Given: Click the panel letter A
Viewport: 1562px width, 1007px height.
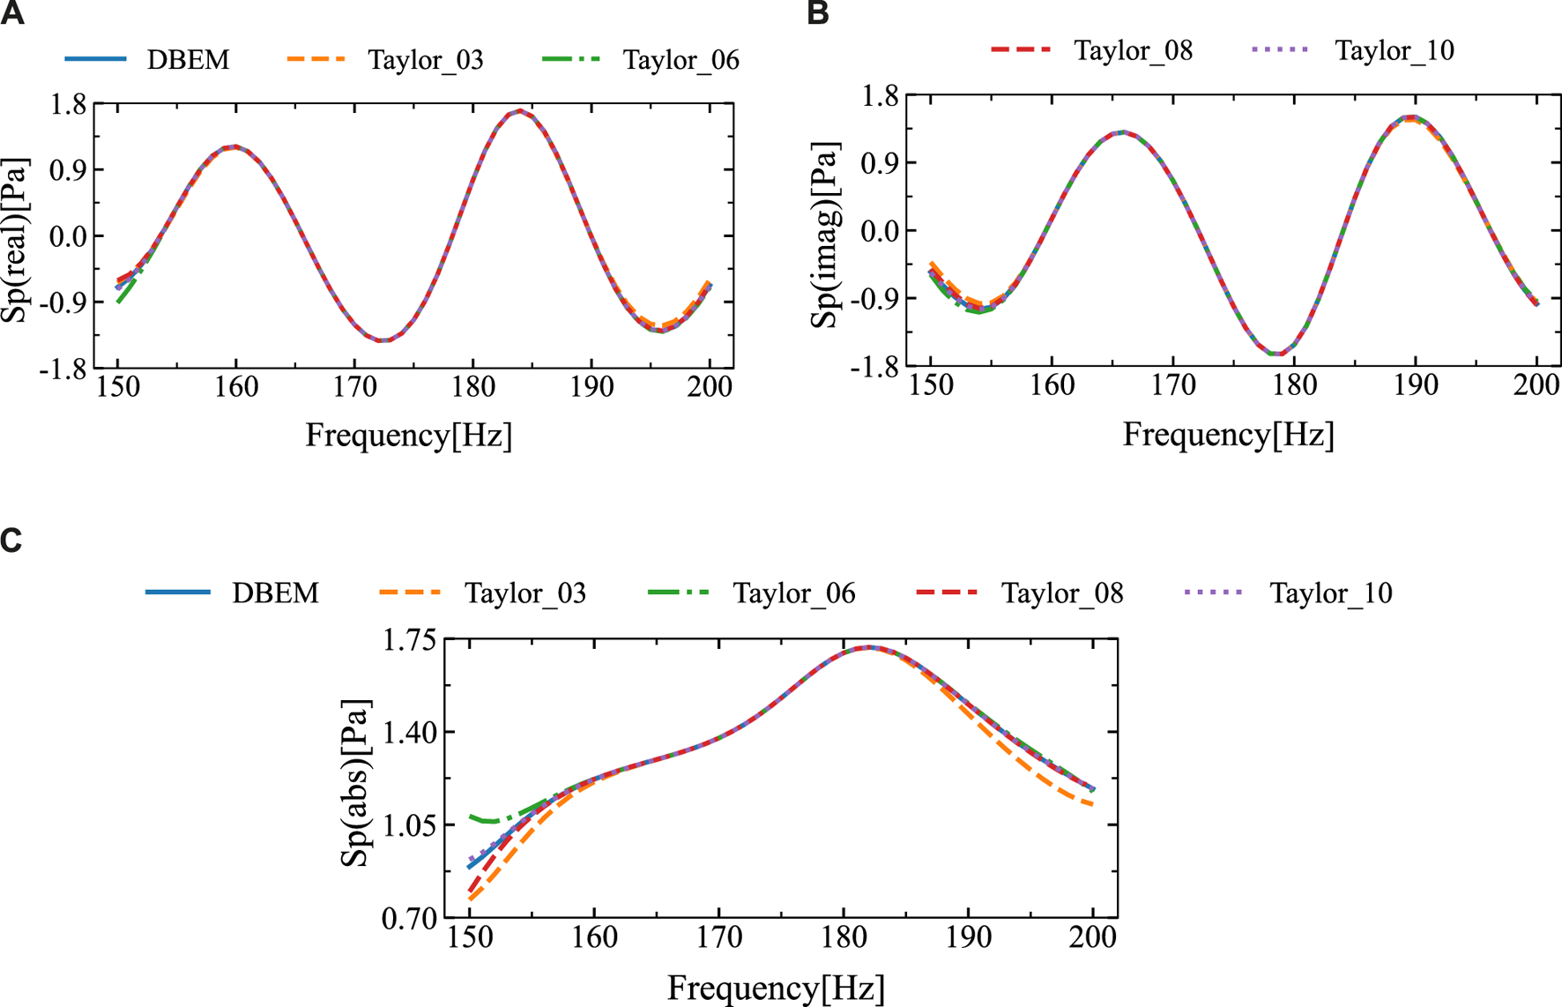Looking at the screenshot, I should pyautogui.click(x=12, y=14).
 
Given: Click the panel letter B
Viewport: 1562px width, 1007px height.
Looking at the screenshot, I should pyautogui.click(x=818, y=14).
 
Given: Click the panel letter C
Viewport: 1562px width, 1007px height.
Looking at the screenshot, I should pyautogui.click(x=11, y=540).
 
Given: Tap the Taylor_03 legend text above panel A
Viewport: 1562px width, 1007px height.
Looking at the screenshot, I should pyautogui.click(x=426, y=60).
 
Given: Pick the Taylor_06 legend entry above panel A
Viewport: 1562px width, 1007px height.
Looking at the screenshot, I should pyautogui.click(x=681, y=60).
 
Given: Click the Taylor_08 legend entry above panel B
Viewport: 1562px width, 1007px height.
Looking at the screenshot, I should pyautogui.click(x=1133, y=50).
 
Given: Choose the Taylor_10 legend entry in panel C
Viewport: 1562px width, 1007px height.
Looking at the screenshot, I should pyautogui.click(x=1330, y=593).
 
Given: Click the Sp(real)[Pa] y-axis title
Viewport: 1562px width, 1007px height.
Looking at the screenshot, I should pyautogui.click(x=16, y=240).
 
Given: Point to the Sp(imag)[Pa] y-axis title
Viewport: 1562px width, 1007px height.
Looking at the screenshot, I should pyautogui.click(x=827, y=234).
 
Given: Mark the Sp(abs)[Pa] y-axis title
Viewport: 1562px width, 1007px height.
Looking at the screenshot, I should pyautogui.click(x=357, y=783).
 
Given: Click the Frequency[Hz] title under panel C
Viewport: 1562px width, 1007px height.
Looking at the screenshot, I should pyautogui.click(x=776, y=988).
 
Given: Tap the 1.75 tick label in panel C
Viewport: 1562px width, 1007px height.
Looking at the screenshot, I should pyautogui.click(x=410, y=640).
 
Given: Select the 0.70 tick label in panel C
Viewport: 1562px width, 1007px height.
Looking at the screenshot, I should pyautogui.click(x=410, y=919).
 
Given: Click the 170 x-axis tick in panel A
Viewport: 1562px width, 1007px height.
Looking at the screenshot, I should pyautogui.click(x=354, y=387).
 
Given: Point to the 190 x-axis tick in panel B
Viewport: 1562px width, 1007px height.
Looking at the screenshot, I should pyautogui.click(x=1416, y=385).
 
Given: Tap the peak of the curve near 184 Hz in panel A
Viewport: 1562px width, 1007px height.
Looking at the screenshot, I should pyautogui.click(x=521, y=111).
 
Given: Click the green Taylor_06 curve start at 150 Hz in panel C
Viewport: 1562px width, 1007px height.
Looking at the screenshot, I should pyautogui.click(x=471, y=817).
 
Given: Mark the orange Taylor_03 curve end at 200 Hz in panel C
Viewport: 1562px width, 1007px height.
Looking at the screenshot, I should pyautogui.click(x=1093, y=804).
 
